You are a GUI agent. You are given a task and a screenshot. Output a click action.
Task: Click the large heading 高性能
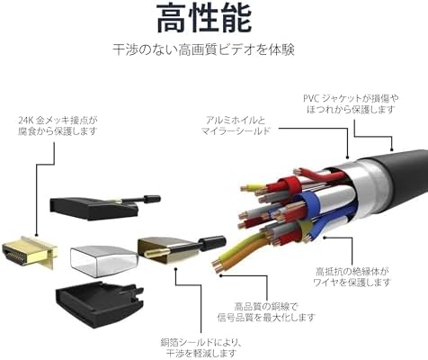click(204, 18)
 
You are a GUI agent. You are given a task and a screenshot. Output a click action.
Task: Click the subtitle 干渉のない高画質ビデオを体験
click(203, 49)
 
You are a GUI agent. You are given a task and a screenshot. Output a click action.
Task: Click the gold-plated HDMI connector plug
click(29, 253)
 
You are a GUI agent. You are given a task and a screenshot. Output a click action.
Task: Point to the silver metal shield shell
click(103, 260)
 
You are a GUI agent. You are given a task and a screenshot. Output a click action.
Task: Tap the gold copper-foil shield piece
click(168, 250)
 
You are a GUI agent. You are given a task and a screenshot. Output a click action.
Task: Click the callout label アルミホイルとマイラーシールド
click(236, 125)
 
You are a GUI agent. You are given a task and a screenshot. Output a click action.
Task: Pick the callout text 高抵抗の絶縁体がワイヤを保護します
click(352, 277)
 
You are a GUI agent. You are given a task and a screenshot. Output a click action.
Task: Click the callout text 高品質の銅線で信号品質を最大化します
click(266, 312)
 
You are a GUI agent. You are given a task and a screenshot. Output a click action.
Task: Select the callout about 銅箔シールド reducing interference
click(201, 347)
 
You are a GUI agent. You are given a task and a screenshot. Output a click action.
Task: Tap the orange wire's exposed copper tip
click(218, 267)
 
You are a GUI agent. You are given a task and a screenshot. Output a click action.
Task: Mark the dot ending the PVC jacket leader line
click(392, 148)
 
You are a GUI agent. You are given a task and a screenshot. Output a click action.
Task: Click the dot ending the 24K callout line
click(36, 236)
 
